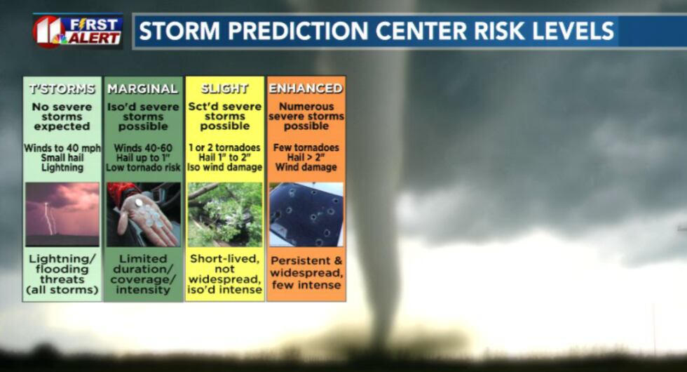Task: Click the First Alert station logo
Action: [x=78, y=31]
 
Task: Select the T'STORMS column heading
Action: [x=62, y=88]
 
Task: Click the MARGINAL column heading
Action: [x=143, y=88]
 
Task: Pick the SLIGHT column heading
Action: [x=224, y=88]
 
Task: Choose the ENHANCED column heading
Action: [x=306, y=88]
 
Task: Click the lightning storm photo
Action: [x=62, y=215]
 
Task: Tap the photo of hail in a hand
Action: [x=143, y=215]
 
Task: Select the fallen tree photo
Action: [x=225, y=215]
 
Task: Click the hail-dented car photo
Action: [x=306, y=215]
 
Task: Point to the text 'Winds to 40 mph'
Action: [x=62, y=148]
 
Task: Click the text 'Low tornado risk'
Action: [x=143, y=168]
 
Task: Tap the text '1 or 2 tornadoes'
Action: [x=225, y=147]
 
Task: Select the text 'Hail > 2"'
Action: [x=306, y=157]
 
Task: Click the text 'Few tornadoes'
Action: [x=306, y=147]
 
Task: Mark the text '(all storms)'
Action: [x=62, y=290]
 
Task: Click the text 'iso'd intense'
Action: [x=225, y=289]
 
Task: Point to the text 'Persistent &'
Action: [x=306, y=260]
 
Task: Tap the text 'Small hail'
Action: [x=62, y=157]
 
